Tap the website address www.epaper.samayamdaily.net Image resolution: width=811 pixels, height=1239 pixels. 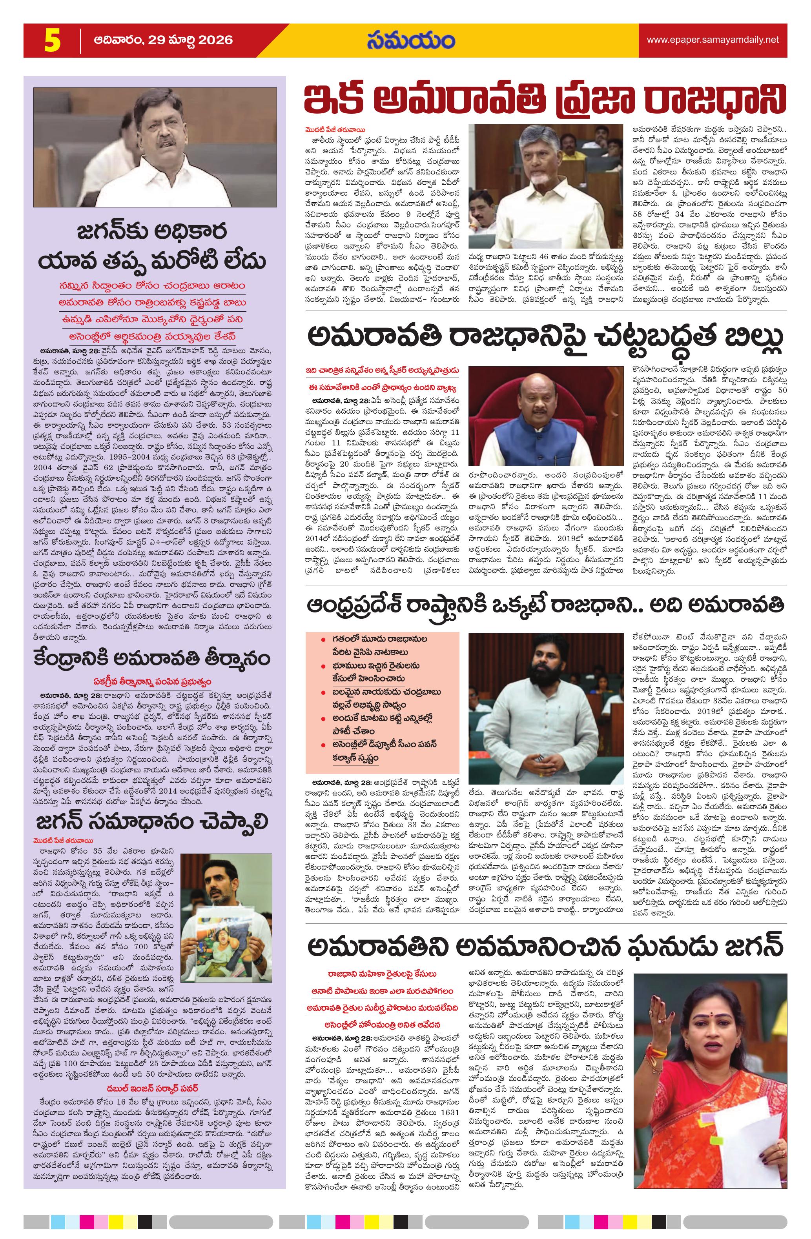click(x=713, y=40)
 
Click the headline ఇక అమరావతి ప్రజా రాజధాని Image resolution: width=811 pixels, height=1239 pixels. click(x=545, y=100)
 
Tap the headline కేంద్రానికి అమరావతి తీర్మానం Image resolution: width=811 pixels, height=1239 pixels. click(x=153, y=658)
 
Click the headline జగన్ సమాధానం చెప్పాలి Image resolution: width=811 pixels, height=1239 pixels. click(x=153, y=807)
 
